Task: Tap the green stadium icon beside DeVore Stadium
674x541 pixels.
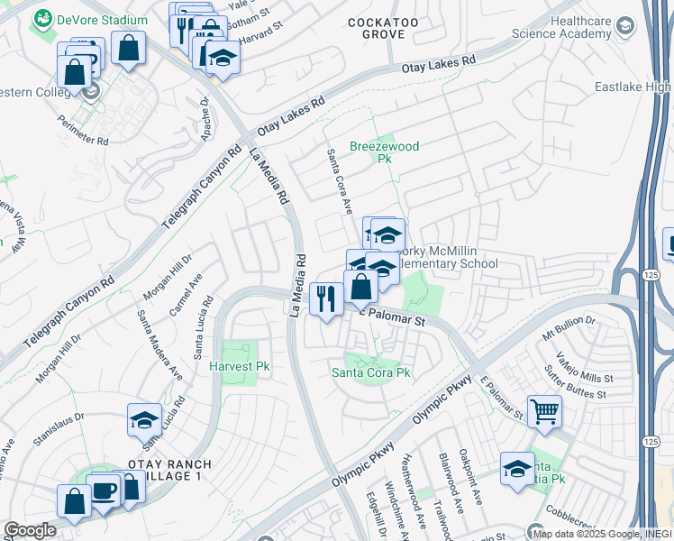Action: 42,20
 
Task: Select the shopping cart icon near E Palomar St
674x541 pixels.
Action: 544,412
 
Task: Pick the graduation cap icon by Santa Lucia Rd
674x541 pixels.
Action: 144,420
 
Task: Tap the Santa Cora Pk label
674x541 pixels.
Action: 371,372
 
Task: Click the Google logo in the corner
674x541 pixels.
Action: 30,530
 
